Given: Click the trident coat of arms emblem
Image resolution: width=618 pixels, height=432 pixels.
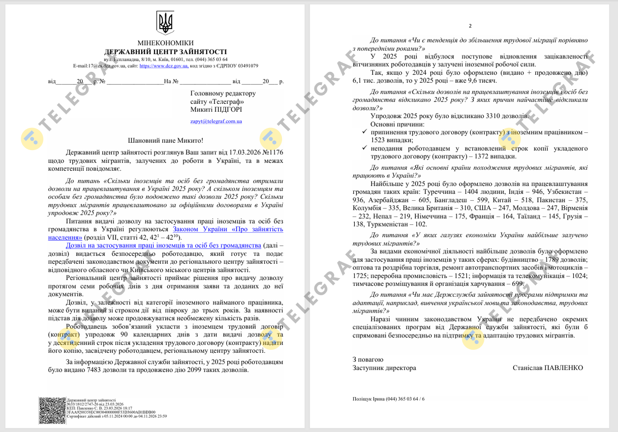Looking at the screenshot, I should (x=165, y=23).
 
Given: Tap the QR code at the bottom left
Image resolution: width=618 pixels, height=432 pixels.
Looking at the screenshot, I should (x=52, y=410).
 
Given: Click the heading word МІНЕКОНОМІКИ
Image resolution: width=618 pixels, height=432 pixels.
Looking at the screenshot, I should (x=165, y=43).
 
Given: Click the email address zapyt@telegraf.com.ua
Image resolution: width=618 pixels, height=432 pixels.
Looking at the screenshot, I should (x=216, y=121).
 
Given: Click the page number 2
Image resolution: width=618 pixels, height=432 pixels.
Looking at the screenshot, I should (x=470, y=26).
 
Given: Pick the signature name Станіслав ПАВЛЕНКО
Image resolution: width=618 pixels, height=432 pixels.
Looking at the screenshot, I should (x=548, y=368).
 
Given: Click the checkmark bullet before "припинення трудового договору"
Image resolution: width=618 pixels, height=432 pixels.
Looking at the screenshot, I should (x=364, y=132).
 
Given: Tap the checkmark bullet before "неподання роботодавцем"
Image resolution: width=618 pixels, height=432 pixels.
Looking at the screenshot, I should (x=364, y=148).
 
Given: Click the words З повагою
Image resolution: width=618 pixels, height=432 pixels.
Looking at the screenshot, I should (x=368, y=360).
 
